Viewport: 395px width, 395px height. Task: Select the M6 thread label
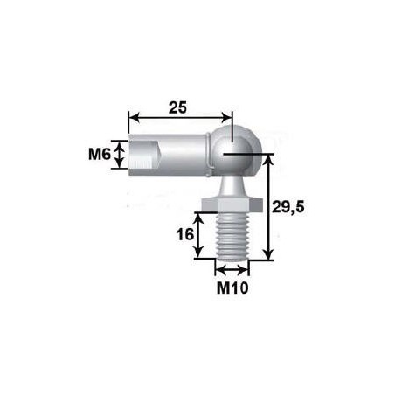(x=100, y=155)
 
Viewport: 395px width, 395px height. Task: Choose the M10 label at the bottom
(x=231, y=287)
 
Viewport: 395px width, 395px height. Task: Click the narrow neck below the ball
(x=231, y=184)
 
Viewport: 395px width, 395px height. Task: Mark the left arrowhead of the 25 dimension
(x=133, y=116)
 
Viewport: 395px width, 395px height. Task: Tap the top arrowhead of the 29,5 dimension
(x=268, y=160)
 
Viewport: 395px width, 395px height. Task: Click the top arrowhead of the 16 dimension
(x=200, y=217)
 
